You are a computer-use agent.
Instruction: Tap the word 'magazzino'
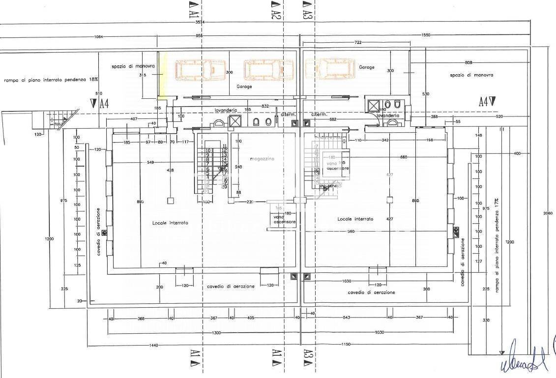262,159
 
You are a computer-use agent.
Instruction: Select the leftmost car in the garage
201,70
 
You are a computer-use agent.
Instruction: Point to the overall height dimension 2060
548,213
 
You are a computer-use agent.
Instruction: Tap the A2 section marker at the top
276,9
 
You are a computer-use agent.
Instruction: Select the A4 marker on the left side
100,103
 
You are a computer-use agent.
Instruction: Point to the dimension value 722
358,43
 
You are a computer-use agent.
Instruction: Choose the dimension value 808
468,62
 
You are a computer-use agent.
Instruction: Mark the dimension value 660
404,157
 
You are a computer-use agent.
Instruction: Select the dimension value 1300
216,333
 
